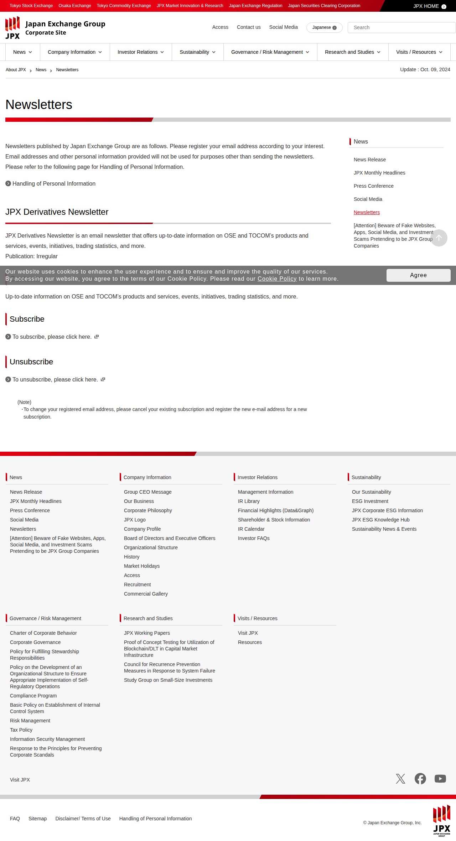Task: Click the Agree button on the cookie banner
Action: tap(418, 275)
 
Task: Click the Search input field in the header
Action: tap(401, 27)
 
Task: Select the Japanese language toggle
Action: tap(324, 27)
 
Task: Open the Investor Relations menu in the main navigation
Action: tap(141, 52)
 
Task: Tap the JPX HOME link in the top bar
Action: tap(429, 6)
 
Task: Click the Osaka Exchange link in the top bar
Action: tap(75, 6)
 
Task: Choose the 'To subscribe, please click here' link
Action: tap(52, 337)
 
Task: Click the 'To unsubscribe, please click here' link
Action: tap(55, 379)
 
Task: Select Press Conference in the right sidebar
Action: tap(373, 186)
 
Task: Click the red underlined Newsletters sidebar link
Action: tap(367, 212)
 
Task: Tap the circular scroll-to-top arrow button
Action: tap(439, 238)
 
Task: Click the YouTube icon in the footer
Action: tap(440, 779)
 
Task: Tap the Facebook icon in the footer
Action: tap(420, 779)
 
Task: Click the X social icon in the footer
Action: tap(400, 779)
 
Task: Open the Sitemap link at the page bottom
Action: tap(37, 819)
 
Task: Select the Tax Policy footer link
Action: tap(21, 730)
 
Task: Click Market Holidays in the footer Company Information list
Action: tap(142, 566)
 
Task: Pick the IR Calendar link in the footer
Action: tap(251, 529)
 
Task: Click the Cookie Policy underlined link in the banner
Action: tap(277, 279)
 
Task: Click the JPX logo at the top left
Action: tap(12, 28)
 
